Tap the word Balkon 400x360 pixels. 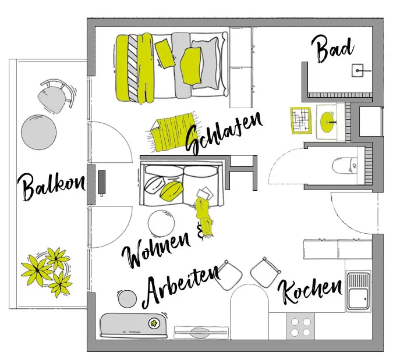pyautogui.click(x=51, y=186)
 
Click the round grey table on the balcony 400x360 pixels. pyautogui.click(x=38, y=133)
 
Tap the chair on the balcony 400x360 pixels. pyautogui.click(x=55, y=94)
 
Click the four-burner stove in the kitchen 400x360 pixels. pyautogui.click(x=300, y=327)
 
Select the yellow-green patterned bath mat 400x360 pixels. pyautogui.click(x=302, y=121)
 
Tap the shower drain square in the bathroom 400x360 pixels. pyautogui.click(x=358, y=72)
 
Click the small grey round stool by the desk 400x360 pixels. pyautogui.click(x=128, y=299)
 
